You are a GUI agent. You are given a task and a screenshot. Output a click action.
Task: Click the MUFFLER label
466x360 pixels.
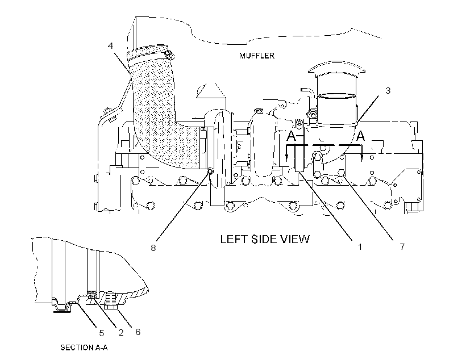point(257,56)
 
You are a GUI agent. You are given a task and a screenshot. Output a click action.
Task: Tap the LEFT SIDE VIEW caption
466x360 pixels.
point(265,239)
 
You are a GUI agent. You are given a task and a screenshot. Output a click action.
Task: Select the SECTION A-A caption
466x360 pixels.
point(84,348)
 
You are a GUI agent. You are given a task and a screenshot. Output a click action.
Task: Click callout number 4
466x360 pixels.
point(111,46)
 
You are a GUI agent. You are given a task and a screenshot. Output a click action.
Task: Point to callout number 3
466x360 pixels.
point(388,91)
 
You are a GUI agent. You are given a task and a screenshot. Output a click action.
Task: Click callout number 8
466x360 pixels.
point(153,248)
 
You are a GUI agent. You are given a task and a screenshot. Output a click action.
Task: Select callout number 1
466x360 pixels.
point(360,247)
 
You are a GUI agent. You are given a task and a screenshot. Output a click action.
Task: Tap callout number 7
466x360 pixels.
point(402,247)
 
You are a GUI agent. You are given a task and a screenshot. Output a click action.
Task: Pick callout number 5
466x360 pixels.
point(102,333)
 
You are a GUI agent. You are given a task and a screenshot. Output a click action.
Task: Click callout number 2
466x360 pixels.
point(120,332)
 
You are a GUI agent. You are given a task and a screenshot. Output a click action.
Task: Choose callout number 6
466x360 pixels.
point(138,332)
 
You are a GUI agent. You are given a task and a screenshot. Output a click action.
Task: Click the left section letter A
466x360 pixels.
point(291,136)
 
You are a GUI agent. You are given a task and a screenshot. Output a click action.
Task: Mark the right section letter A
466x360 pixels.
point(360,136)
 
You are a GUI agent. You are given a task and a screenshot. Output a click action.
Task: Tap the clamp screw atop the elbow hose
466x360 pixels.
point(169,54)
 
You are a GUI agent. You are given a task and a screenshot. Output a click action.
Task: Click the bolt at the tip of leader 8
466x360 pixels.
point(210,171)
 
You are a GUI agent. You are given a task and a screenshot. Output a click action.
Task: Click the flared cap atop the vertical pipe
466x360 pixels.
point(336,69)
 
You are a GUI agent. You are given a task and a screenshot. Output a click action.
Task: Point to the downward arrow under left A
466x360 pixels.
point(287,153)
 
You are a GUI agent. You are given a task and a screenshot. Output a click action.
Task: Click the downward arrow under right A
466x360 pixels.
point(361,153)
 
